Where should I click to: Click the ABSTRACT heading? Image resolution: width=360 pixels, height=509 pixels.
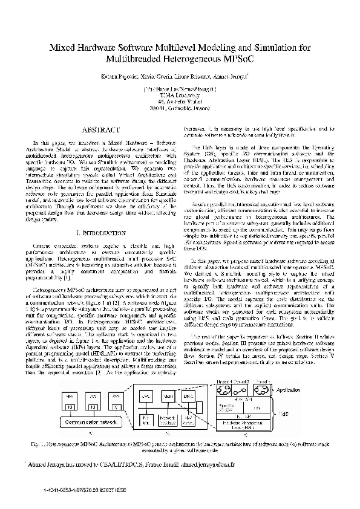tap(96, 130)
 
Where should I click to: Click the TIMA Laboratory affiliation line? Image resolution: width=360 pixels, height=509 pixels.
tap(180, 95)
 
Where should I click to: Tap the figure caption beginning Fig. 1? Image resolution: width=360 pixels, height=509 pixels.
tap(180, 447)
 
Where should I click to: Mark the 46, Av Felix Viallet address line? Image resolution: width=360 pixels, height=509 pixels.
tap(180, 101)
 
